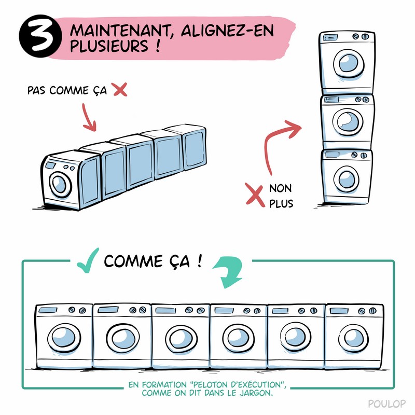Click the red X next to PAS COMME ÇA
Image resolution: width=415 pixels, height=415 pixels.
(119, 90)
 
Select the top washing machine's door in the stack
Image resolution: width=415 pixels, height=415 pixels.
(345, 65)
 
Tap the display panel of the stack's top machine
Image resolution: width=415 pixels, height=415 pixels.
(330, 37)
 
